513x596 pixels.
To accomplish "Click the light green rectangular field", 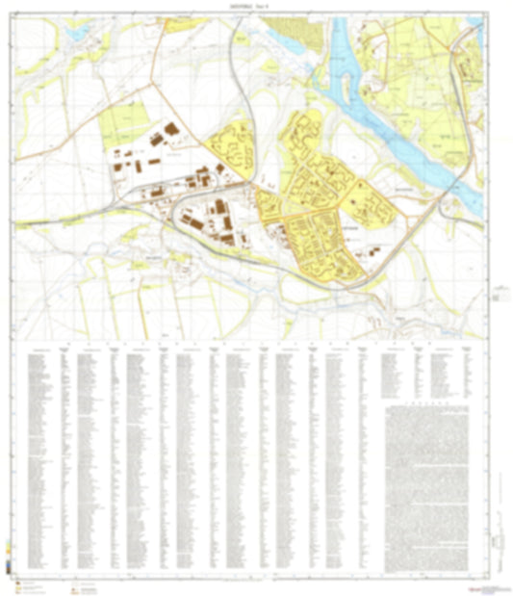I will [121, 123].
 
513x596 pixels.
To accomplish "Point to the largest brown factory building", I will [170, 129].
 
